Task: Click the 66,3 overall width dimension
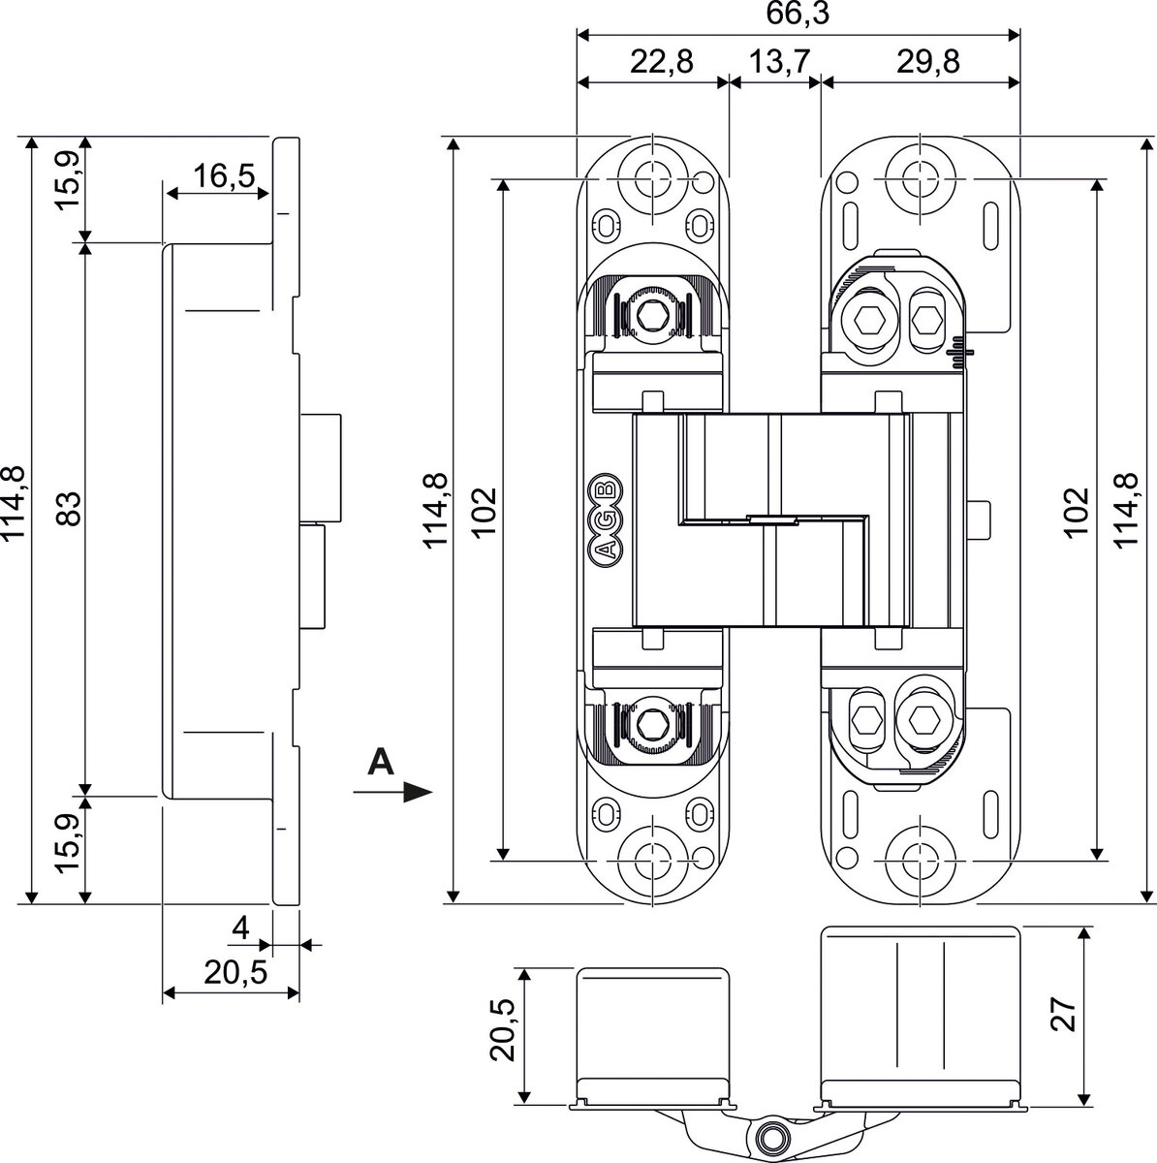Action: click(797, 16)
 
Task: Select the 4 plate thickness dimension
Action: click(241, 927)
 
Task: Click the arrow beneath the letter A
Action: click(392, 793)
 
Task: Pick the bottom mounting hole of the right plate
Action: click(914, 857)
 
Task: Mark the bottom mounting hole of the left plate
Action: click(653, 857)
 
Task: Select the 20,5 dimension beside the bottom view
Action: click(504, 1034)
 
